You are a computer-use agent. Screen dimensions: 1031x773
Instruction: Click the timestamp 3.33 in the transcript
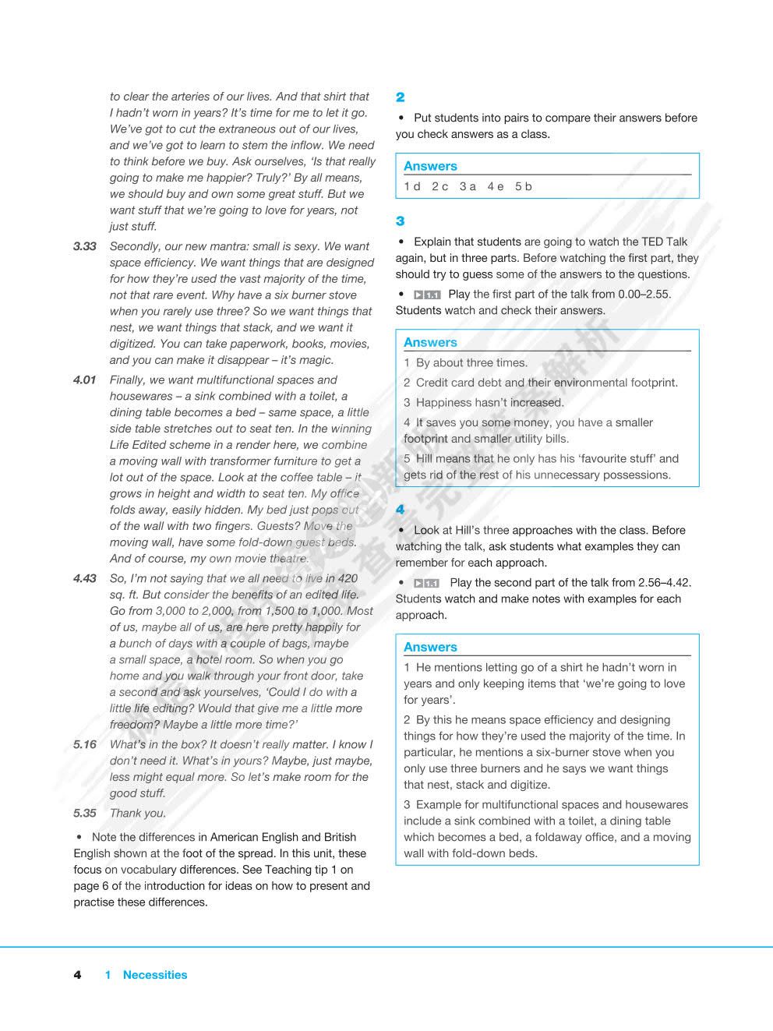tap(85, 246)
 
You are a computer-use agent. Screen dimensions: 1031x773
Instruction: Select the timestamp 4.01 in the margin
tap(85, 380)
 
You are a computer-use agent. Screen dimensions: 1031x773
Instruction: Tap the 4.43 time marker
tap(85, 578)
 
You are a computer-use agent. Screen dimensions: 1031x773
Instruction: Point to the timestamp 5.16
tap(85, 744)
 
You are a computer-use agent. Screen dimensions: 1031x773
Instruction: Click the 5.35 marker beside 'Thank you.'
tap(85, 813)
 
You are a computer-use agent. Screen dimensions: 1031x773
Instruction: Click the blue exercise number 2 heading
tap(401, 97)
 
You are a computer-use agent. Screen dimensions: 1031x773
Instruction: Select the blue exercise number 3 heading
tap(401, 221)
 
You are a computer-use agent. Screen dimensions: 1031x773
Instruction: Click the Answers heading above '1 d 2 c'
tap(430, 166)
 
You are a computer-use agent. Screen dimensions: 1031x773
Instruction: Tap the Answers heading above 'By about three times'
tap(430, 342)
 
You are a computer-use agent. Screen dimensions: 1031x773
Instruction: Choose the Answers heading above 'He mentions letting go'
tap(430, 647)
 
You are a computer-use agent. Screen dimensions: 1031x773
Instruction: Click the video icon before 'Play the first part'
tap(427, 295)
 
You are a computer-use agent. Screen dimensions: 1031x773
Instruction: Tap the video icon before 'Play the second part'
tap(427, 583)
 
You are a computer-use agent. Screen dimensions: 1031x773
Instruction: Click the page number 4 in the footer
tap(77, 975)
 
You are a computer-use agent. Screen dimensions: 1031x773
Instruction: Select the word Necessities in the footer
tap(155, 975)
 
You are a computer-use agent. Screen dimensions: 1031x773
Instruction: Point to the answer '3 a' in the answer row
tap(468, 186)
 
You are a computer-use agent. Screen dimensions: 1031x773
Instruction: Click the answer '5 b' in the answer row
tap(524, 186)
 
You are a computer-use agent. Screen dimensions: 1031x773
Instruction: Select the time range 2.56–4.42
tap(665, 582)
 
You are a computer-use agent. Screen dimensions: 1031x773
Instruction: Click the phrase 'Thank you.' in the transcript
tap(138, 813)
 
